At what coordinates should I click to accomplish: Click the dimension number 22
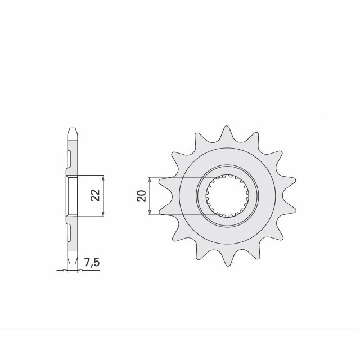pyautogui.click(x=96, y=195)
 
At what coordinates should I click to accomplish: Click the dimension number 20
pyautogui.click(x=141, y=196)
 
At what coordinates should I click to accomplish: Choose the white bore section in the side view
pyautogui.click(x=72, y=195)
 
